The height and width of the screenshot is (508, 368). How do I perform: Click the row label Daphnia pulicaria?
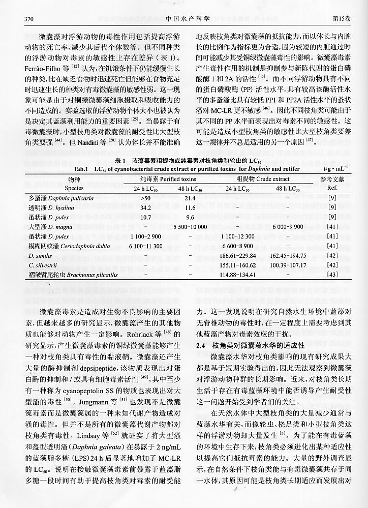coord(60,197)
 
